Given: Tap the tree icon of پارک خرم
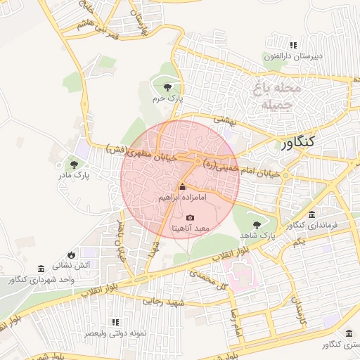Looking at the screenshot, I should pyautogui.click(x=167, y=87).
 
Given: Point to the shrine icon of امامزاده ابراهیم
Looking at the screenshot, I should pyautogui.click(x=182, y=187).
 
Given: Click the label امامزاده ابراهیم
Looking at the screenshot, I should pyautogui.click(x=182, y=198).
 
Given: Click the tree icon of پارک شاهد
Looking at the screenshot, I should pyautogui.click(x=258, y=224).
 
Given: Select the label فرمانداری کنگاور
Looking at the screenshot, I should pyautogui.click(x=312, y=225).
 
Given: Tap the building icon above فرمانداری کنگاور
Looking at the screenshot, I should pyautogui.click(x=312, y=214).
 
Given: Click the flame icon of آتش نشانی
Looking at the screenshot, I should pyautogui.click(x=71, y=255).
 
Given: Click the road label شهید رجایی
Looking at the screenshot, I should pyautogui.click(x=163, y=300).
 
